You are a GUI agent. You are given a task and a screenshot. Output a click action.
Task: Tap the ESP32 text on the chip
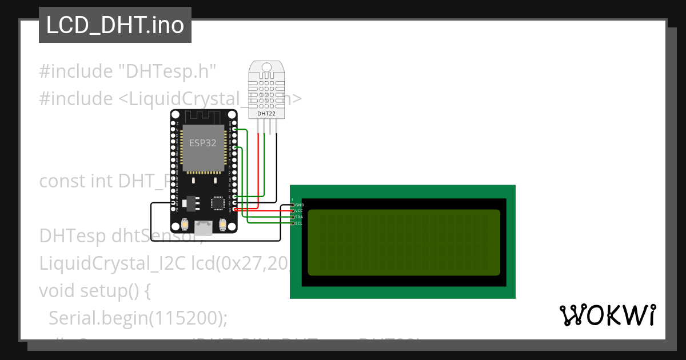pyautogui.click(x=203, y=143)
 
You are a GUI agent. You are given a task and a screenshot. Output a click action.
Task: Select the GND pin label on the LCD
pyautogui.click(x=299, y=205)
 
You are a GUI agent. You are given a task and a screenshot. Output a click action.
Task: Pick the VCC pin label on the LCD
pyautogui.click(x=298, y=211)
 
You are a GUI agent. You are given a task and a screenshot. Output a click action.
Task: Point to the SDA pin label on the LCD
pyautogui.click(x=298, y=217)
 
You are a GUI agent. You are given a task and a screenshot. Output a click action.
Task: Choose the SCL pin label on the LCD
pyautogui.click(x=298, y=223)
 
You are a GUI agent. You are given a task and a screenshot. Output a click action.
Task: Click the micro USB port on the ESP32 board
pyautogui.click(x=203, y=227)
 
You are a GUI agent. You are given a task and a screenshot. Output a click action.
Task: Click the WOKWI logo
pyautogui.click(x=607, y=315)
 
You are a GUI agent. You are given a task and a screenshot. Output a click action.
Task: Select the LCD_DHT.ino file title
pyautogui.click(x=115, y=26)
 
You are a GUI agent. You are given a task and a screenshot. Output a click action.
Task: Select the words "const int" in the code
pyautogui.click(x=76, y=181)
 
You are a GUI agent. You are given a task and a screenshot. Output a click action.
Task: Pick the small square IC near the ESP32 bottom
pyautogui.click(x=217, y=203)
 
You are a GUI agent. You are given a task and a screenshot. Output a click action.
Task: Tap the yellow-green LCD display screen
pyautogui.click(x=404, y=242)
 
